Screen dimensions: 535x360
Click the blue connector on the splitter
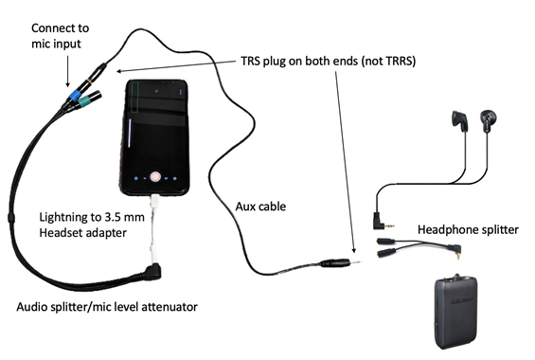pyautogui.click(x=75, y=95)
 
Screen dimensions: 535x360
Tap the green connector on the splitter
pyautogui.click(x=83, y=100)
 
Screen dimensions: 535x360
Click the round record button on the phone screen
pyautogui.click(x=155, y=176)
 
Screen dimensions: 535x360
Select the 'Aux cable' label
pyautogui.click(x=260, y=207)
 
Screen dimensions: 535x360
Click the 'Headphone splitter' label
pyautogui.click(x=468, y=229)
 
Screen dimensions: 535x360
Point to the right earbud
pyautogui.click(x=488, y=120)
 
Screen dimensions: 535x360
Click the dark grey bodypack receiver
pyautogui.click(x=455, y=311)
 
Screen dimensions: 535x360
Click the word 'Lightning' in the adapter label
pyautogui.click(x=63, y=217)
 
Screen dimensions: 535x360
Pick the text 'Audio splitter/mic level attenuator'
pyautogui.click(x=107, y=307)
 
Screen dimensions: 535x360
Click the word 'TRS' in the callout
pyautogui.click(x=251, y=61)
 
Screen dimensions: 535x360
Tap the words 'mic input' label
pyautogui.click(x=56, y=44)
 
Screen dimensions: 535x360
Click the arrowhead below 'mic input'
pyautogui.click(x=67, y=84)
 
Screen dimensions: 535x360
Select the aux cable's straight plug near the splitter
pyautogui.click(x=339, y=262)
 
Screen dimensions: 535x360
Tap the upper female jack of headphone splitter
pyautogui.click(x=386, y=242)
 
